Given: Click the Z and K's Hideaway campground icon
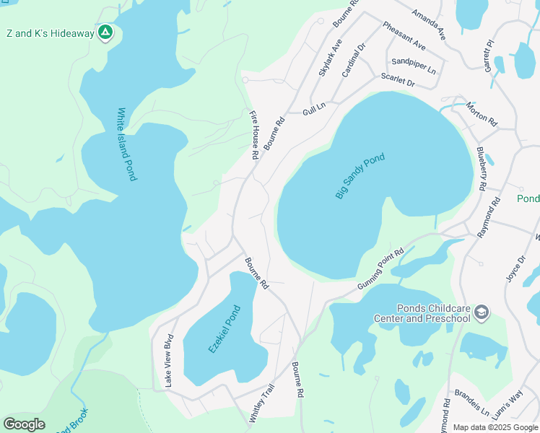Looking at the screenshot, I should [x=105, y=32].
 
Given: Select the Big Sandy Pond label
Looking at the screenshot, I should [x=360, y=176].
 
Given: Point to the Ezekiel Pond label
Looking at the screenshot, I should [x=224, y=328].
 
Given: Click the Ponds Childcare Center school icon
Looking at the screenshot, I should [x=482, y=312].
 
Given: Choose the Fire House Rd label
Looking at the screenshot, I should [x=254, y=135].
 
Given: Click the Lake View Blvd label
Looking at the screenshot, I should [x=170, y=361].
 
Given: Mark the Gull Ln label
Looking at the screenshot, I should [x=314, y=108].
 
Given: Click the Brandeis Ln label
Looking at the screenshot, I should [x=471, y=405].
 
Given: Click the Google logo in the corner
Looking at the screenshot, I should [x=25, y=424].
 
